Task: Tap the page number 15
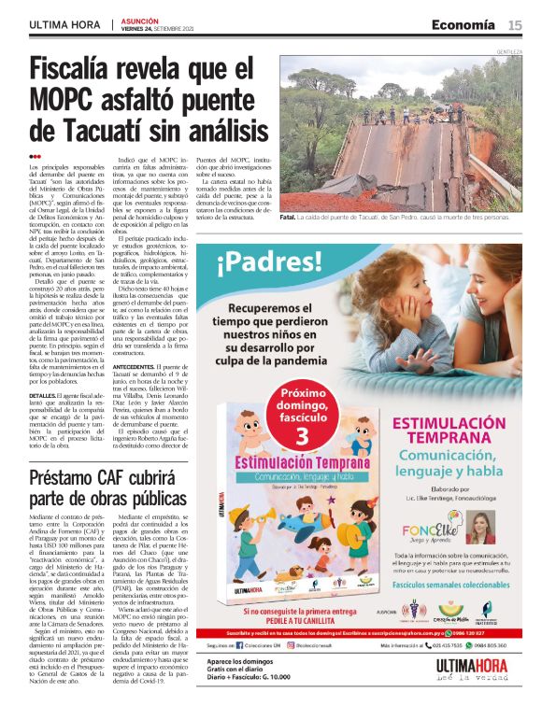click(515, 25)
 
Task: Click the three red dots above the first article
click(35, 156)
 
